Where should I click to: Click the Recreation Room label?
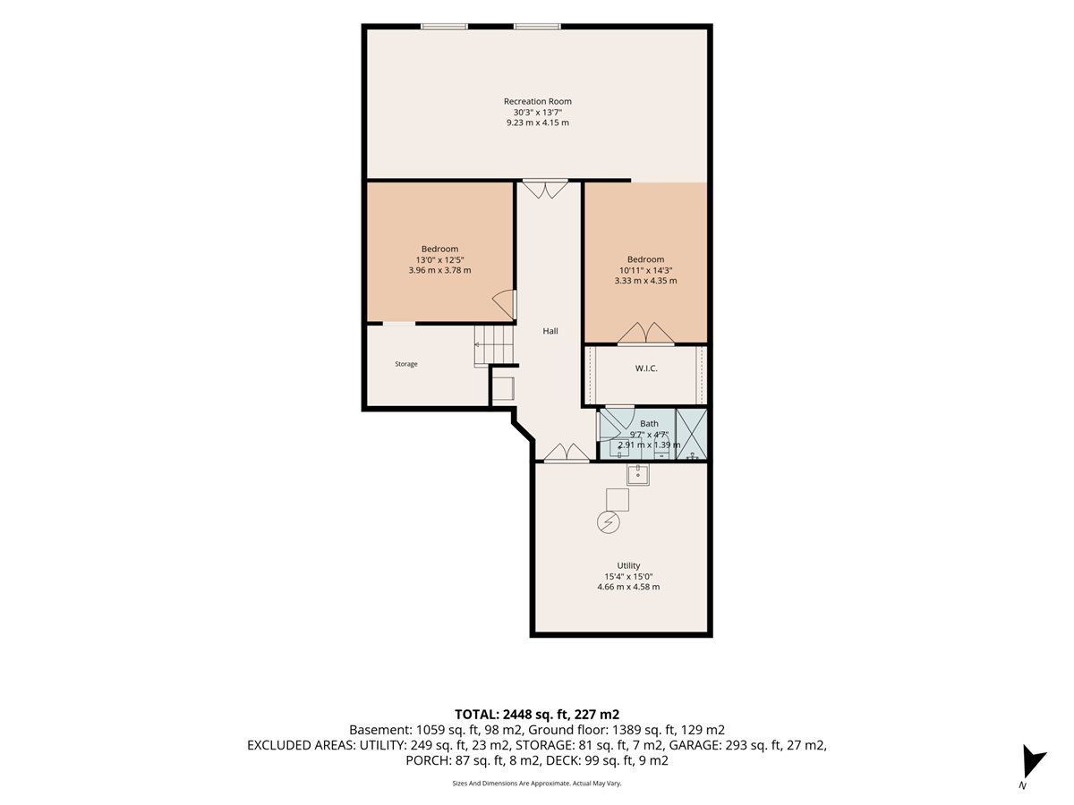pyautogui.click(x=537, y=101)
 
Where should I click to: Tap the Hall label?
pyautogui.click(x=550, y=331)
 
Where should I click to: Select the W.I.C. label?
pyautogui.click(x=646, y=369)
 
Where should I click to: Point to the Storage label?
pyautogui.click(x=406, y=364)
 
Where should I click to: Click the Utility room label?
pyautogui.click(x=628, y=565)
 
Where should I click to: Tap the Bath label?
pyautogui.click(x=649, y=424)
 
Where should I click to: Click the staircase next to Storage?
pyautogui.click(x=493, y=345)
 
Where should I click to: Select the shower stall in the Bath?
pyautogui.click(x=691, y=434)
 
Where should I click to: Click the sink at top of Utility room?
pyautogui.click(x=638, y=475)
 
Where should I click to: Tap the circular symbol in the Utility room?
pyautogui.click(x=609, y=522)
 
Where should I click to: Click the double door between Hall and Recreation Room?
pyautogui.click(x=545, y=189)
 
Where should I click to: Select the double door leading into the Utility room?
pyautogui.click(x=567, y=452)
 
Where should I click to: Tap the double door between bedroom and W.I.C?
pyautogui.click(x=646, y=334)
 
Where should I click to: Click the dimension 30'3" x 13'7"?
pyautogui.click(x=537, y=113)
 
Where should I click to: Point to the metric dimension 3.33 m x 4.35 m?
pyautogui.click(x=646, y=281)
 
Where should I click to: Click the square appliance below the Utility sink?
pyautogui.click(x=618, y=499)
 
